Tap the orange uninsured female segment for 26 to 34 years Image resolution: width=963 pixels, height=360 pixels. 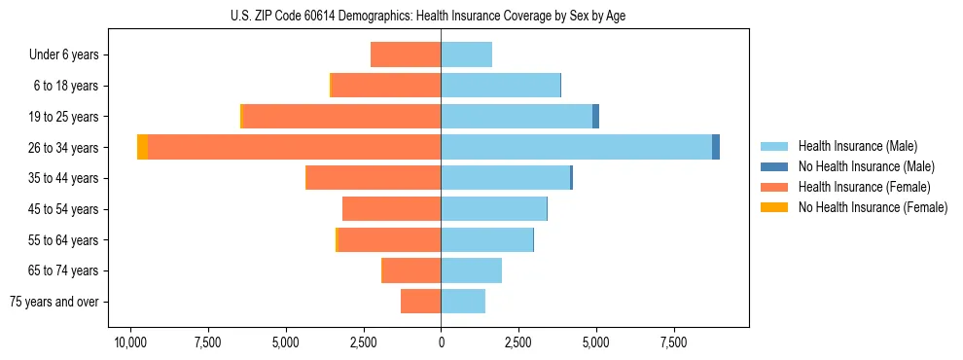coord(143,147)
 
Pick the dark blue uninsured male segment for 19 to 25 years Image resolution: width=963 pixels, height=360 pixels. coord(595,117)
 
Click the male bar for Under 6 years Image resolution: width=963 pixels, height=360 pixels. coord(467,54)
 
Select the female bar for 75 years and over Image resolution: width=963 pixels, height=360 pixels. coord(420,302)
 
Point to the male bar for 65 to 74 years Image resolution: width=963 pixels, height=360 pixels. coord(472,270)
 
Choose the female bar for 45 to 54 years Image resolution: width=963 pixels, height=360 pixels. coord(391,209)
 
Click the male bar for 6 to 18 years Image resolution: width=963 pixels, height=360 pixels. coord(501,86)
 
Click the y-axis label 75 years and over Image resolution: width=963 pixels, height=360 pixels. coord(54,302)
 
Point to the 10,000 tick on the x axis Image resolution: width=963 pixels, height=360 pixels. coord(130,342)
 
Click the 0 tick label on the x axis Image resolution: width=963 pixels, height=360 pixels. coord(441,342)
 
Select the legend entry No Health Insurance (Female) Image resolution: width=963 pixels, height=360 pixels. coord(873,207)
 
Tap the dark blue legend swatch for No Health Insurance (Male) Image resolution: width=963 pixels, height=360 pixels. coord(774,166)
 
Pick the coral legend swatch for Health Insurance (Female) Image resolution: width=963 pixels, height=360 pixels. coord(774,187)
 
